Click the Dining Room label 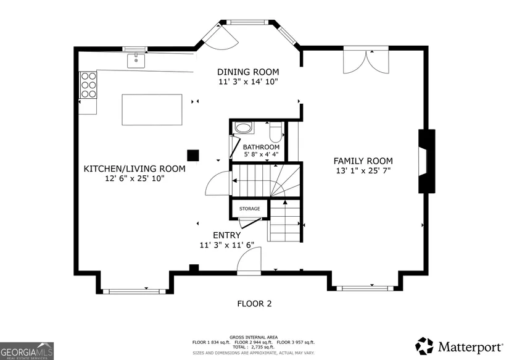(248, 72)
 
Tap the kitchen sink (136, 61)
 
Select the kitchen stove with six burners (89, 85)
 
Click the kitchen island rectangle (152, 109)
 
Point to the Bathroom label (261, 147)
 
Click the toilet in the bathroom (276, 132)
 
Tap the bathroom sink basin (244, 128)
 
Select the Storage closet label (250, 209)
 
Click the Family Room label (363, 161)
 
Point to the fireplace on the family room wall (426, 161)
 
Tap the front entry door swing (249, 261)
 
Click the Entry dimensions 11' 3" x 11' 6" (226, 245)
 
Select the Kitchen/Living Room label (134, 169)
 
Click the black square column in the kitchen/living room (193, 156)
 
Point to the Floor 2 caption (254, 303)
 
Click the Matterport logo (458, 346)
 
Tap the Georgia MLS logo (27, 351)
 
